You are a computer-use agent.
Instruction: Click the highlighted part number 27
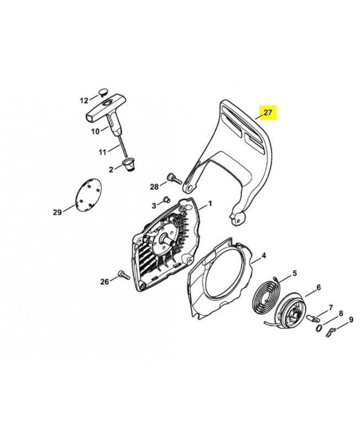tap(268, 113)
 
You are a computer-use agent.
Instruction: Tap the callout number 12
tap(84, 101)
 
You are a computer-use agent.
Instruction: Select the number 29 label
tap(57, 212)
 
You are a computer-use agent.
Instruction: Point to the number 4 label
tap(263, 255)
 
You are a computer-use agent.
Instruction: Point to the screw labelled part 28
tap(174, 178)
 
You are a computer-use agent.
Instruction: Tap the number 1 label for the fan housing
tap(210, 204)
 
